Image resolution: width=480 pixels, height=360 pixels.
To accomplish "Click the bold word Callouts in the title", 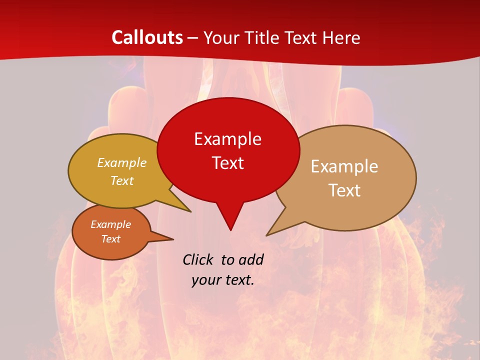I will (147, 37).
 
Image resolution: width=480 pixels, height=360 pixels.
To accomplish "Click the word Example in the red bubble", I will (227, 139).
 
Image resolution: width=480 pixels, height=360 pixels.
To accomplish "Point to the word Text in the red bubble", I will (227, 163).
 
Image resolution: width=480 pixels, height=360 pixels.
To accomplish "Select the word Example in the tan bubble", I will (344, 166).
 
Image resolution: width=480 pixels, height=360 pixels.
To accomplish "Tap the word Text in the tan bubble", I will (344, 190).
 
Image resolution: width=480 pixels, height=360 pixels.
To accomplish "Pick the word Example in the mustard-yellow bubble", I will (121, 163).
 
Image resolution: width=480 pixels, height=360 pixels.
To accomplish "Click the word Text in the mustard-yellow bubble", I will (121, 181).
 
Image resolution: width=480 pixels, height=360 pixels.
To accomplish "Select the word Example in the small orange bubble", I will (110, 224).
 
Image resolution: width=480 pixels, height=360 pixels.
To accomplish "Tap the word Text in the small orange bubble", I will (110, 239).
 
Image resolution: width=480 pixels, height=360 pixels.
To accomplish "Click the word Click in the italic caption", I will (199, 259).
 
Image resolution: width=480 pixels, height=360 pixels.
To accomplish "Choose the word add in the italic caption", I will (250, 259).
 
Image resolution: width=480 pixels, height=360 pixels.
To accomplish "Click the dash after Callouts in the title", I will (193, 38).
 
